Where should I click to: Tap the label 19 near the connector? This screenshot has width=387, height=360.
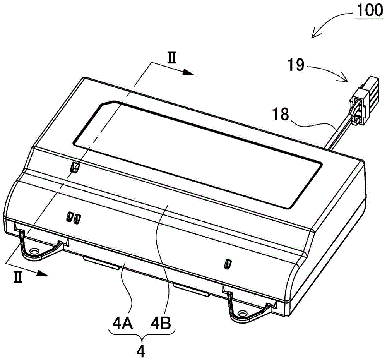coord(296,65)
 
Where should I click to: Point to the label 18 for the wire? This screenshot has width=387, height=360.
coord(281,114)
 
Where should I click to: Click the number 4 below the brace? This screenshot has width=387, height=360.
coord(141,350)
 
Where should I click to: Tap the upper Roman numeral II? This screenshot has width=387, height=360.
coord(172,59)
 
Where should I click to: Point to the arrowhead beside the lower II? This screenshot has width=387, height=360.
coord(42,273)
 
